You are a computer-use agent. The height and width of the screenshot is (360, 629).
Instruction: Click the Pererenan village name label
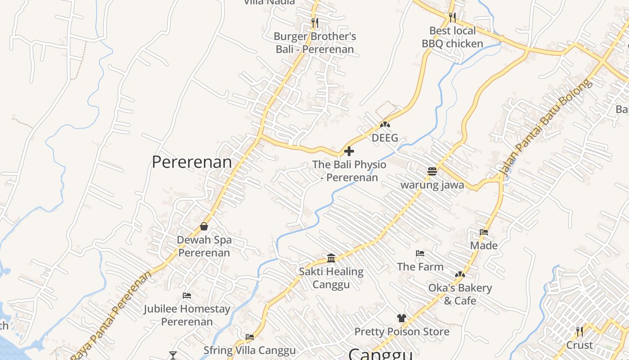click(x=192, y=162)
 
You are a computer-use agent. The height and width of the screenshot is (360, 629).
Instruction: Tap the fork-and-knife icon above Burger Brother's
click(x=314, y=22)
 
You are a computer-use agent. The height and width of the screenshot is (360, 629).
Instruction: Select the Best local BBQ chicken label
click(x=452, y=37)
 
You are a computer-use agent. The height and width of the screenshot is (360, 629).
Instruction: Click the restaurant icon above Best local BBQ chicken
click(x=452, y=17)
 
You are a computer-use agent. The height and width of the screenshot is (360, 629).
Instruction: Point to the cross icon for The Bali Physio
click(x=349, y=151)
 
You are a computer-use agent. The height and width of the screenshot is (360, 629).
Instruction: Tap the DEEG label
click(x=385, y=138)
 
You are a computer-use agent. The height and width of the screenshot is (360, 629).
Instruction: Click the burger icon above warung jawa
click(x=432, y=171)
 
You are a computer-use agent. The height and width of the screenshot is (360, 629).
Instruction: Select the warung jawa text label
click(x=432, y=185)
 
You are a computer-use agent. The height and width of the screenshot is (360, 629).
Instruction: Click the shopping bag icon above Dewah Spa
click(x=204, y=226)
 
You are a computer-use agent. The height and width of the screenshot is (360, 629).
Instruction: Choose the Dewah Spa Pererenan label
click(x=204, y=246)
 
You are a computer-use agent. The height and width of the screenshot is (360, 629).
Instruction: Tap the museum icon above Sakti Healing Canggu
click(x=331, y=258)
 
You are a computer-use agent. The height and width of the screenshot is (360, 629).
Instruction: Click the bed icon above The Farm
click(x=420, y=253)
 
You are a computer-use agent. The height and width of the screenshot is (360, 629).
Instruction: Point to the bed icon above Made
click(x=484, y=232)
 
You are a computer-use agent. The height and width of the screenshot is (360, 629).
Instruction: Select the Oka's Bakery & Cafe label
click(x=460, y=294)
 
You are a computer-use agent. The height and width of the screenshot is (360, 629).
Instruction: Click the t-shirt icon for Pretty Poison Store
click(x=402, y=318)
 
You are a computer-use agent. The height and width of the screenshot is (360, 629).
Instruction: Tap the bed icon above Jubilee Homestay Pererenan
click(x=187, y=296)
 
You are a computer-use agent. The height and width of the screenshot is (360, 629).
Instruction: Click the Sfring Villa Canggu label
click(x=250, y=350)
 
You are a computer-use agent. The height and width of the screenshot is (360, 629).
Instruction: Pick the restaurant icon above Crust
click(x=580, y=332)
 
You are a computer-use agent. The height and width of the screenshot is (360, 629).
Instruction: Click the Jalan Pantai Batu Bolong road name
click(x=545, y=128)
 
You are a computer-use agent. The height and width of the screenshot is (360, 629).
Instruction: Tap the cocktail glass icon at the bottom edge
click(x=173, y=355)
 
